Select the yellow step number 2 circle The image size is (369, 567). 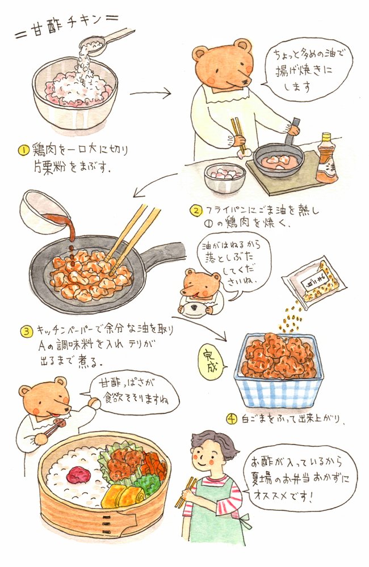click(195, 211)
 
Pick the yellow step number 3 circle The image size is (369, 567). click(26, 331)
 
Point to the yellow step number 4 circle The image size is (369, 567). click(231, 420)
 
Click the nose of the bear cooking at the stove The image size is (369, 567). click(245, 82)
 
